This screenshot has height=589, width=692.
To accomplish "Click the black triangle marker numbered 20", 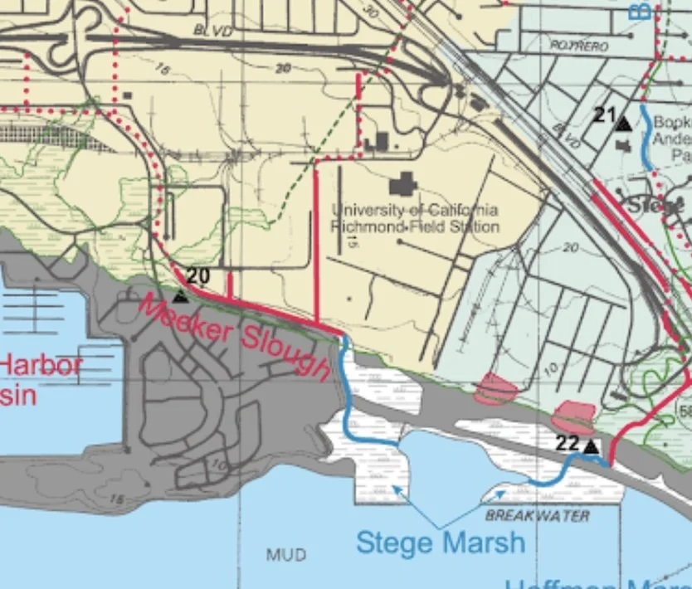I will [x=180, y=295].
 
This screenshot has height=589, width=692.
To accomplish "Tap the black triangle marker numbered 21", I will [x=622, y=123].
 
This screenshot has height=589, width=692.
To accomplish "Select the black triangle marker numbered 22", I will [x=591, y=448].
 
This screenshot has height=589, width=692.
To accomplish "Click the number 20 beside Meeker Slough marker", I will [x=199, y=276].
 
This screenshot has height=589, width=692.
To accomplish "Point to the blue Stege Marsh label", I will [x=441, y=543].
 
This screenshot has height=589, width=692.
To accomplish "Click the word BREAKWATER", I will [x=538, y=516].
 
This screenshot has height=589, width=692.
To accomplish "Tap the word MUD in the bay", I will [x=286, y=553].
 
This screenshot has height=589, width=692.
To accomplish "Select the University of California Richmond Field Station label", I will [x=415, y=218].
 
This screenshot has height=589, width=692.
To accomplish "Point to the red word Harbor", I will [x=40, y=365].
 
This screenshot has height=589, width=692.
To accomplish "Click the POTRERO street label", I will [x=578, y=45].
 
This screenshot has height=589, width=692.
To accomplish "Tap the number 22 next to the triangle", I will [x=567, y=444].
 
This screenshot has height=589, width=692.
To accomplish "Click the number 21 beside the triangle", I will [x=604, y=114].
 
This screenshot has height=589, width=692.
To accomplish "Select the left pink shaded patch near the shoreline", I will [x=495, y=387].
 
